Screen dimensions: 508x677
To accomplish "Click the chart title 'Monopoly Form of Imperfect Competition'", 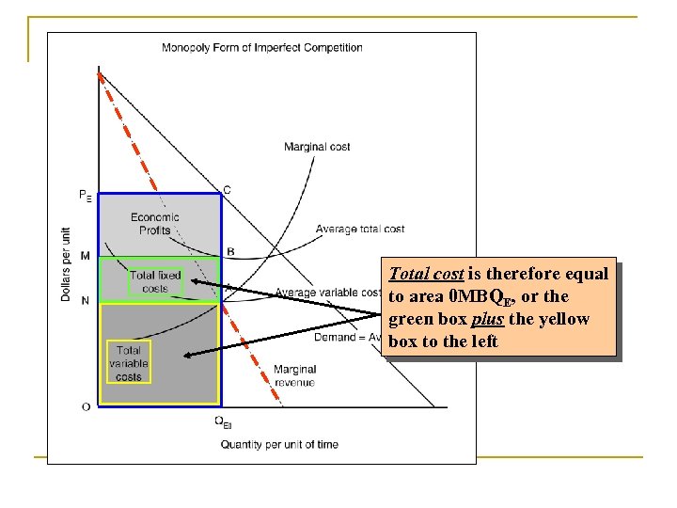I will (262, 48).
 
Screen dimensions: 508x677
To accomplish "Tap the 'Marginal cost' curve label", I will (318, 147).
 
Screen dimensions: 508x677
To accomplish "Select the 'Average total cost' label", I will (360, 229).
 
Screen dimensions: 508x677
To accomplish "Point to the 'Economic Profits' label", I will (155, 223).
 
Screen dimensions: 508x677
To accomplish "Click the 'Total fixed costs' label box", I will (155, 281).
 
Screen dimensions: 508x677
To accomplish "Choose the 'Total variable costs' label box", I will (129, 363).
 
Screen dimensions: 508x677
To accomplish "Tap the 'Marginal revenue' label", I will (294, 375).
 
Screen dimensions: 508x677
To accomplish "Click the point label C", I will (227, 190).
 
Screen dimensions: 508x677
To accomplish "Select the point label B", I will (230, 252).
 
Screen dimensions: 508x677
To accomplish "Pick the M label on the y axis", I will (86, 256).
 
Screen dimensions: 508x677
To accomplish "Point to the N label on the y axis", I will (86, 300).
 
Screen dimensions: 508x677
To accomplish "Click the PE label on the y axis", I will (86, 196).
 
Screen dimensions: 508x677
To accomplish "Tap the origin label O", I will (86, 406).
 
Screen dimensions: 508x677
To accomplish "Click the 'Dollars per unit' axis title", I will (66, 262).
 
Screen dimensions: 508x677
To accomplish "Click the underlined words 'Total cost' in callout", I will (424, 275).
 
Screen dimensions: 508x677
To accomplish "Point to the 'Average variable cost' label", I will (328, 293).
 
